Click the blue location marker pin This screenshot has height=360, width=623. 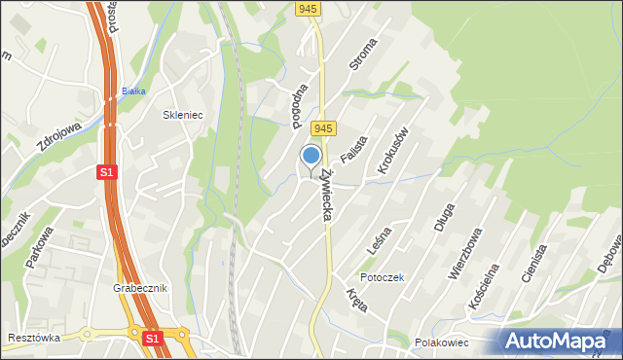point(311,157)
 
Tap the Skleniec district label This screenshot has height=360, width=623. point(182,115)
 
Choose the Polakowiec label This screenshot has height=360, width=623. point(442,342)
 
